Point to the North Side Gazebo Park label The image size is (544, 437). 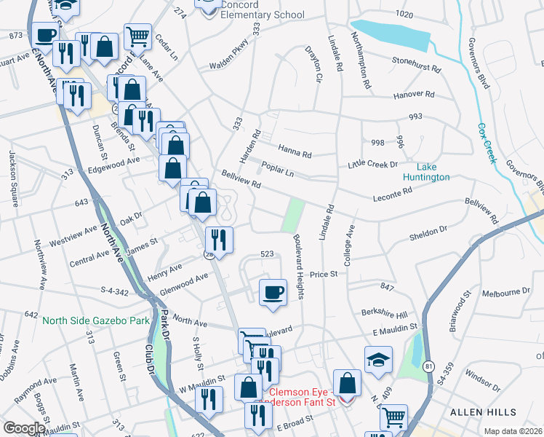point(95,320)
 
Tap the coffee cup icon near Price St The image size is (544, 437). point(273,293)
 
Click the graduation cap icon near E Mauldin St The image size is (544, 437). point(378,360)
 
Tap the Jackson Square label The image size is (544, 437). point(14,179)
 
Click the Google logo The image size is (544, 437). point(24,428)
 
